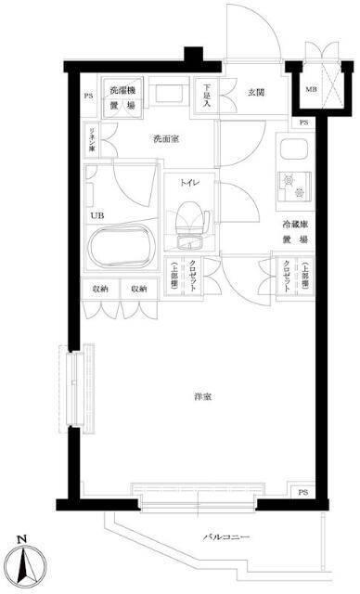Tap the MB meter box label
pyautogui.click(x=310, y=89)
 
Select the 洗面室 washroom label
pyautogui.click(x=167, y=140)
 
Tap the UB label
pyautogui.click(x=96, y=216)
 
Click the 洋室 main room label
pyautogui.click(x=202, y=396)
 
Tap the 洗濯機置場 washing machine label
pyautogui.click(x=122, y=97)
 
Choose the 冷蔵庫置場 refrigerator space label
pyautogui.click(x=295, y=232)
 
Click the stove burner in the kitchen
pyautogui.click(x=296, y=183)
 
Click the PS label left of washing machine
pyautogui.click(x=89, y=96)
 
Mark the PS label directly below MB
pyautogui.click(x=303, y=123)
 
